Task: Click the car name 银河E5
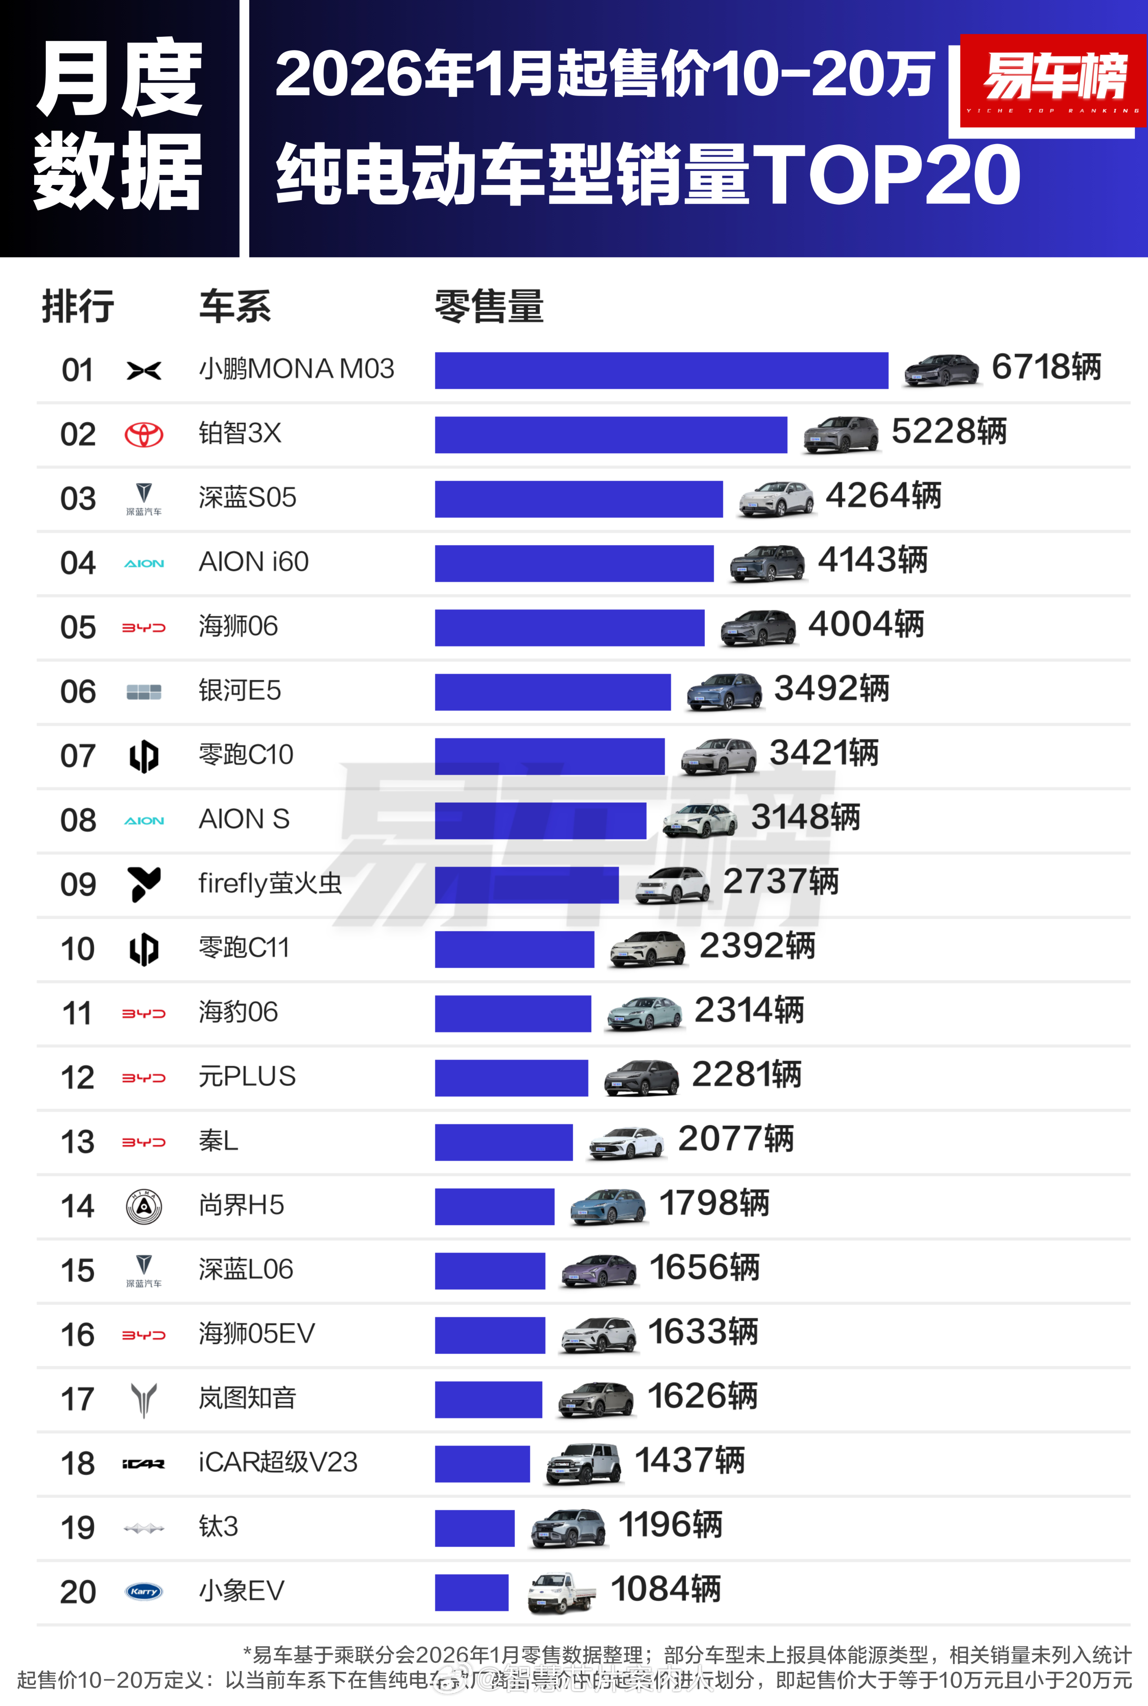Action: coord(239,690)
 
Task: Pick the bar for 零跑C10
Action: coord(549,756)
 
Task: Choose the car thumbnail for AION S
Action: coord(699,820)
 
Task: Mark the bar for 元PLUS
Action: coord(511,1077)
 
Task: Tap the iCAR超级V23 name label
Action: coord(278,1462)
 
